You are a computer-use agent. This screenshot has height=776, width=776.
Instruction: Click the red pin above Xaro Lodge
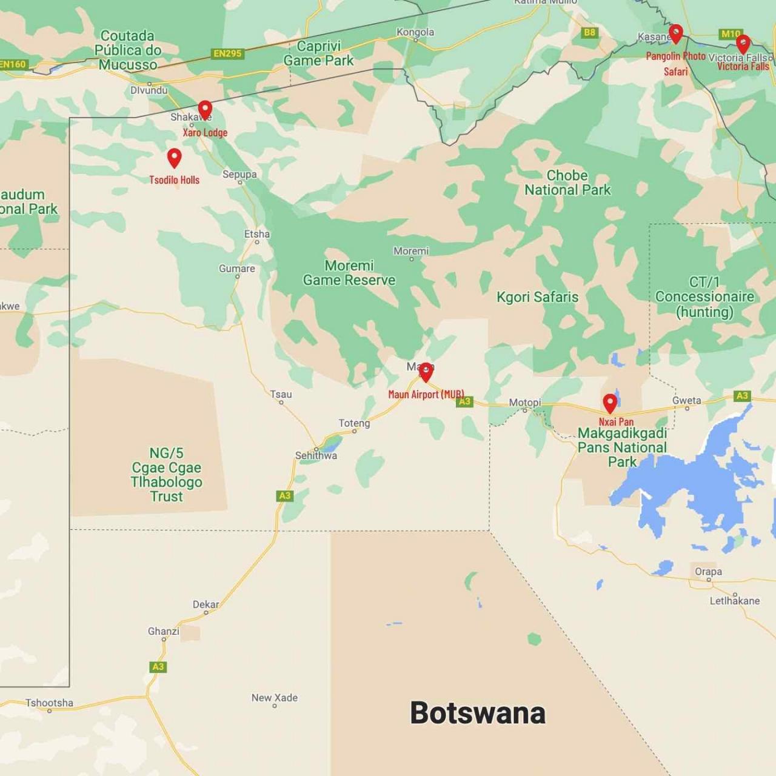coord(205,109)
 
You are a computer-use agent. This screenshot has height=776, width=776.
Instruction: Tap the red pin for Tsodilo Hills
coord(174,158)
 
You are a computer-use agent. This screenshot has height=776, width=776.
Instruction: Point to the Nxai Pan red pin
coord(610,403)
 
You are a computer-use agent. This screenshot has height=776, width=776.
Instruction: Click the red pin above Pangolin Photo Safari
coord(675,33)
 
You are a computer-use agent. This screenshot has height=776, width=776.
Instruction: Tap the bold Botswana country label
coord(478,713)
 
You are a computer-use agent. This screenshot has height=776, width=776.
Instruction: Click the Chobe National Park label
coord(567,182)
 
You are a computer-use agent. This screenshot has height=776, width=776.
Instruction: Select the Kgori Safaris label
coord(537,297)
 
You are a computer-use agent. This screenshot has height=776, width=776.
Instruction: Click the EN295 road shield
coord(227,53)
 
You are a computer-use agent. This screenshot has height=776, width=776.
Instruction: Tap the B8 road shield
coord(589,33)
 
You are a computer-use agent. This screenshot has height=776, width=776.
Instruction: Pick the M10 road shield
coord(730,34)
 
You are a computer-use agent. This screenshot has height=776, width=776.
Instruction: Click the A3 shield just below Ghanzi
coord(158,667)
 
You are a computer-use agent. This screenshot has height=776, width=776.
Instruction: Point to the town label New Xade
coord(275,698)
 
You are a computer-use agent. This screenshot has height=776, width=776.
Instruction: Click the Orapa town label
coord(708,572)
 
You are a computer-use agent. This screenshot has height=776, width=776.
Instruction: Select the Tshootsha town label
coord(49,703)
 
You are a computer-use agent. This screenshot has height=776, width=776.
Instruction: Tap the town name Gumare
coord(236,269)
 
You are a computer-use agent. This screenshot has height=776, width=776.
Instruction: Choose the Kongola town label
coord(415,32)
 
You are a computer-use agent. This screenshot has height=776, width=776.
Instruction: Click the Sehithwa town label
coord(316,455)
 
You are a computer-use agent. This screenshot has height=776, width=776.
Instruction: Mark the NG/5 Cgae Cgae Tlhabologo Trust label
coord(166,475)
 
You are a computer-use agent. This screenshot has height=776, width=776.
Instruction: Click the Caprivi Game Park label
coord(318,53)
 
